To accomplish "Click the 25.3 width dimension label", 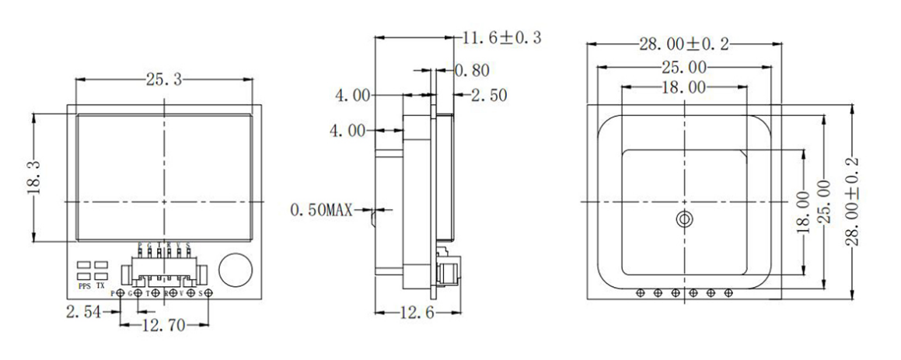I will point(164,79).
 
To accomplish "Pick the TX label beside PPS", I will point(100,285).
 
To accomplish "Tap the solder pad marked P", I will point(121,293).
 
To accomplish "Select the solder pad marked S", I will point(208,293).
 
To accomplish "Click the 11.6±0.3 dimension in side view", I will point(499,37).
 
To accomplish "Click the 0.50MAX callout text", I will point(321,210).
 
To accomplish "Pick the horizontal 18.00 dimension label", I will point(684,88).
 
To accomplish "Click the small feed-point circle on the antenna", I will point(684,219).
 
